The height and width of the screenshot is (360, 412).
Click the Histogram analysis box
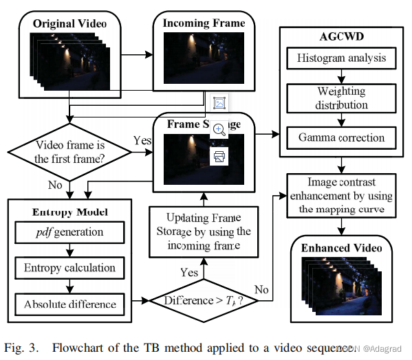coord(341,58)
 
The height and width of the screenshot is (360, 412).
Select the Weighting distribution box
coord(341,98)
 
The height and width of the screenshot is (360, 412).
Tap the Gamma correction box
coord(341,137)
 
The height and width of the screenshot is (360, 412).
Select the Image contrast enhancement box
coord(341,195)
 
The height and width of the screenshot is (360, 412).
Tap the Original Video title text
coord(69,24)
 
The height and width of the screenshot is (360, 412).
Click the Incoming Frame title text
coord(204,23)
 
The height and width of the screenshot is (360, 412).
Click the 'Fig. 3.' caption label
coord(21,346)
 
